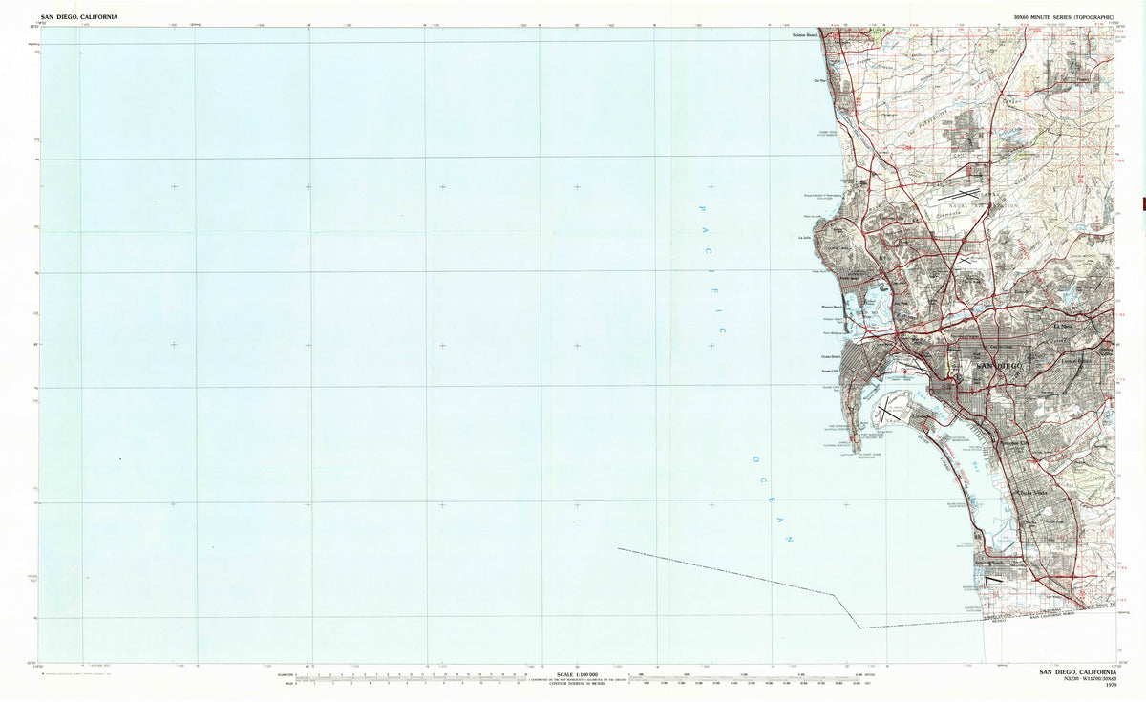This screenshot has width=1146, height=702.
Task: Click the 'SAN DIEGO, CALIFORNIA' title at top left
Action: (x=79, y=17)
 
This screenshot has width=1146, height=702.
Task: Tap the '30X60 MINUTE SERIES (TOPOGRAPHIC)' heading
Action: (x=1064, y=17)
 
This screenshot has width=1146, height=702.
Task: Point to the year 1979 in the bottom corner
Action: (x=1110, y=686)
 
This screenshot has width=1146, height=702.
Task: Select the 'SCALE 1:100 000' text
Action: (x=572, y=674)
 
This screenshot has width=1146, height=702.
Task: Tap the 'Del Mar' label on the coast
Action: (x=818, y=81)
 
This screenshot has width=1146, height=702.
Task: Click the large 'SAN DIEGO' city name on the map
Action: (x=996, y=366)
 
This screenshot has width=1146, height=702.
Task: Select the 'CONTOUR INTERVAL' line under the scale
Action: (x=572, y=686)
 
